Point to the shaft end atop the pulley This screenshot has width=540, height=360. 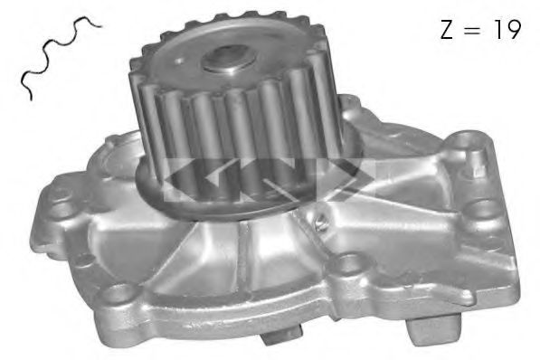223,61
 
